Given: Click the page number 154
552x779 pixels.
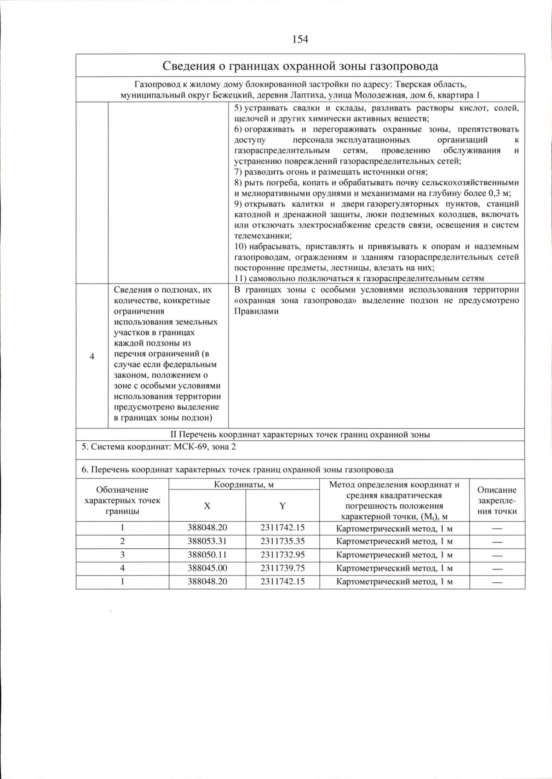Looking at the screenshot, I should (300, 39).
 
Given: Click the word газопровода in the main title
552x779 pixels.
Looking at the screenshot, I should (405, 66).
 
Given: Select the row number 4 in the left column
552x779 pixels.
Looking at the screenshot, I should (92, 357).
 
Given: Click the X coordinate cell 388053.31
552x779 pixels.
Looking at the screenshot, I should (207, 541).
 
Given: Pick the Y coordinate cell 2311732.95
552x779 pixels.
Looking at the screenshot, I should (282, 555).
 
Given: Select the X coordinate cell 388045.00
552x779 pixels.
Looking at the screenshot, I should (207, 568).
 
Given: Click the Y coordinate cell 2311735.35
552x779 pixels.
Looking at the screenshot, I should (282, 541).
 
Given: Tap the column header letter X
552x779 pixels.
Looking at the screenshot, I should (207, 506).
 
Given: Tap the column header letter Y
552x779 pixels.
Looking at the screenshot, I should (282, 506).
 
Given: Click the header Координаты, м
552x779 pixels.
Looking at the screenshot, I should (244, 484).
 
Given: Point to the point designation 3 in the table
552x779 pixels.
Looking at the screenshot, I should (122, 555).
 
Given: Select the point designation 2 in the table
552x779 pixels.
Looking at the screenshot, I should (122, 541).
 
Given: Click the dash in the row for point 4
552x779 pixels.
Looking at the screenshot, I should (497, 569).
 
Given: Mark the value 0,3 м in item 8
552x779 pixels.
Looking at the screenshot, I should (498, 193).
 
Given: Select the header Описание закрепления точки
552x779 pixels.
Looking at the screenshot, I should (497, 500).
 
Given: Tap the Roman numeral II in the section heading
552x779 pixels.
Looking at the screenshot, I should (173, 434).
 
